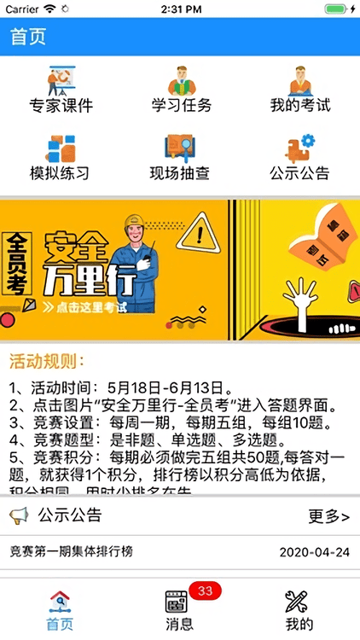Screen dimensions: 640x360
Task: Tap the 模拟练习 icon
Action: click(61, 148)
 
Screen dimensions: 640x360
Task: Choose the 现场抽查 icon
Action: click(181, 148)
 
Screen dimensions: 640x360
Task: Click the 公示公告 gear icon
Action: click(300, 148)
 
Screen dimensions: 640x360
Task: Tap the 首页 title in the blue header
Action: click(28, 38)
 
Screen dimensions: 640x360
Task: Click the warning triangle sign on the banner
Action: click(199, 230)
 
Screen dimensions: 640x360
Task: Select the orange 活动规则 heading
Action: click(47, 360)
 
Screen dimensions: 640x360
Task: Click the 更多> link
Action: click(328, 516)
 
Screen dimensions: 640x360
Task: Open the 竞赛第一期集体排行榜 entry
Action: click(72, 552)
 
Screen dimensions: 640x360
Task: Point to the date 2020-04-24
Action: click(314, 552)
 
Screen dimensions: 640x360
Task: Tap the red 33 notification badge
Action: click(204, 591)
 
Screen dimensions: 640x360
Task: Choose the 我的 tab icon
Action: click(299, 602)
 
